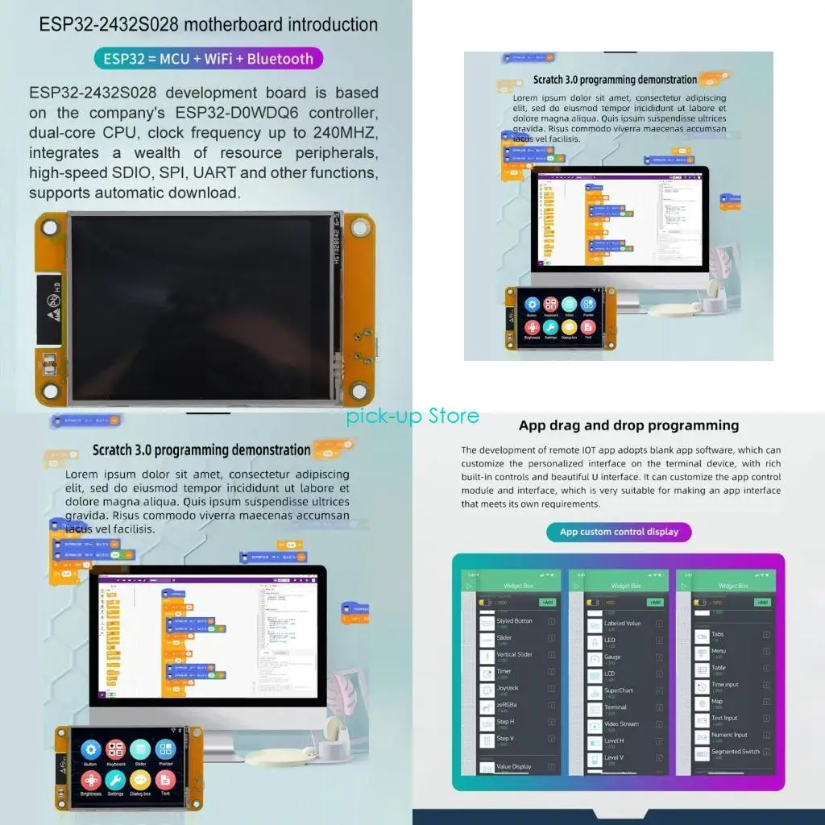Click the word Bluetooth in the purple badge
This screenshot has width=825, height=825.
click(280, 59)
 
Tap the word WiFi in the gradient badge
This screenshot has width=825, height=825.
click(217, 59)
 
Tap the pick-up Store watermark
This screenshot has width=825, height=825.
click(412, 417)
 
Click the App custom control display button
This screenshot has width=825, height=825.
click(619, 532)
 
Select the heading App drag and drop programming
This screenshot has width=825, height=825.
click(628, 425)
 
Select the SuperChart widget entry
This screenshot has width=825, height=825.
click(619, 691)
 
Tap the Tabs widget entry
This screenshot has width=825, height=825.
click(717, 635)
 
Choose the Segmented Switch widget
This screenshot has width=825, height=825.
click(735, 752)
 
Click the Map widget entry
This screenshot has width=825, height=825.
click(717, 702)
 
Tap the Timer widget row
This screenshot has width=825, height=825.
click(504, 672)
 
